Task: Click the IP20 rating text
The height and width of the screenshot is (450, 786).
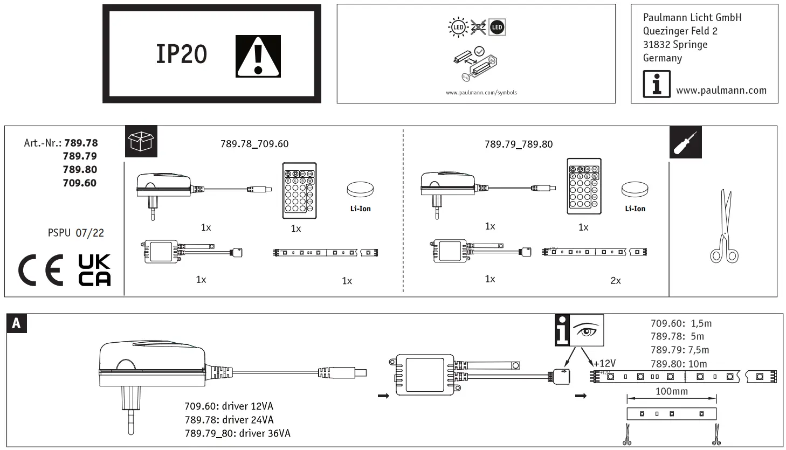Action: pyautogui.click(x=181, y=54)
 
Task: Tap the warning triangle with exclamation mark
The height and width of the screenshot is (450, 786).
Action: pyautogui.click(x=258, y=57)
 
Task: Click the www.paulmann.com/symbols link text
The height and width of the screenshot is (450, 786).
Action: pyautogui.click(x=481, y=93)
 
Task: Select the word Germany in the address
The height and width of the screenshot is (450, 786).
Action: pyautogui.click(x=662, y=58)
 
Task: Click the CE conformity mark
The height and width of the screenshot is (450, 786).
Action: pyautogui.click(x=40, y=269)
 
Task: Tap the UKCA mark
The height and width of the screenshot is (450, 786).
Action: pyautogui.click(x=94, y=270)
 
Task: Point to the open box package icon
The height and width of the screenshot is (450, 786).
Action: pyautogui.click(x=141, y=142)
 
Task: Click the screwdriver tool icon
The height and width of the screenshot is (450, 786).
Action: pyautogui.click(x=685, y=142)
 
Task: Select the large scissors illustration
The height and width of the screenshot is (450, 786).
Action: pyautogui.click(x=724, y=227)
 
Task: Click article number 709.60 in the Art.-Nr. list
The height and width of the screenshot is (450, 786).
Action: pyautogui.click(x=80, y=183)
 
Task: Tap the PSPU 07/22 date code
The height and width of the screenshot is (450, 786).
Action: pyautogui.click(x=76, y=233)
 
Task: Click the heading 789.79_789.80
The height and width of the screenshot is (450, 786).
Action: pyautogui.click(x=518, y=144)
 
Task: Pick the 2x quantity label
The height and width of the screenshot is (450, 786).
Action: pyautogui.click(x=615, y=281)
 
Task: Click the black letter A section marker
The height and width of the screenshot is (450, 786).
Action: pyautogui.click(x=16, y=323)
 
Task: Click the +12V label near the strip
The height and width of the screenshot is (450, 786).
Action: pyautogui.click(x=604, y=364)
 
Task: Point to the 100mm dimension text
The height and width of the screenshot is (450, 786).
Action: pyautogui.click(x=671, y=392)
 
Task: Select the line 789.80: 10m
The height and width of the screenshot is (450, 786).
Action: pyautogui.click(x=678, y=364)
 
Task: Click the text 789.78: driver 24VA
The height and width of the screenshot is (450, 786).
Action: pyautogui.click(x=229, y=420)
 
